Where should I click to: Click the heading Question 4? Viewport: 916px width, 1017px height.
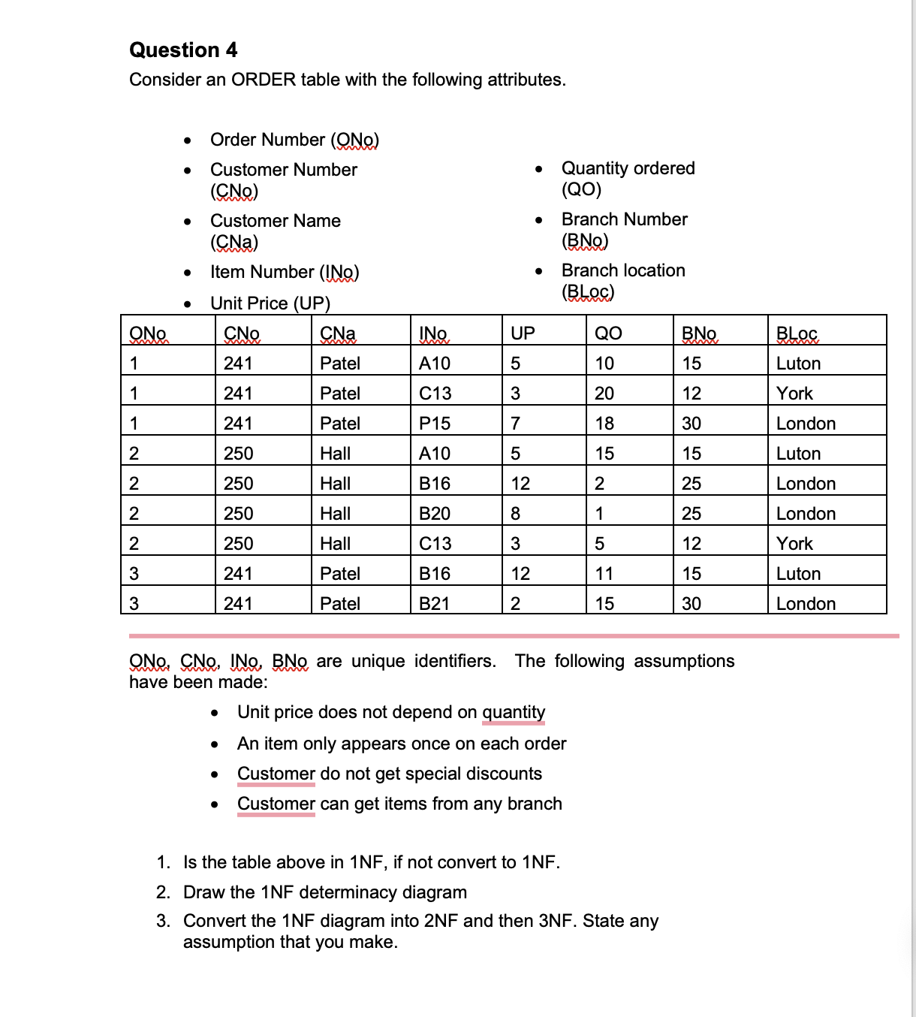[183, 50]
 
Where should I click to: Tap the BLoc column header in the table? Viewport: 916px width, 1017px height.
[797, 333]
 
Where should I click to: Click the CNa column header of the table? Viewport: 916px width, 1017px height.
[338, 333]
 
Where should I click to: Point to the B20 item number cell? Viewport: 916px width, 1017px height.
[435, 514]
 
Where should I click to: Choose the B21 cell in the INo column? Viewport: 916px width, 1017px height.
[435, 604]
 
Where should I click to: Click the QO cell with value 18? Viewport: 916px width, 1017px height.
[604, 424]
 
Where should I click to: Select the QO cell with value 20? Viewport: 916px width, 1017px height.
[604, 394]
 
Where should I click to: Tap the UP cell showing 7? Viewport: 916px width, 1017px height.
[516, 424]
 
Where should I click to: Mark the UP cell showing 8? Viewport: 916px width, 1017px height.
[516, 514]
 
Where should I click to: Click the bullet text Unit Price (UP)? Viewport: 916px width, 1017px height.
[270, 303]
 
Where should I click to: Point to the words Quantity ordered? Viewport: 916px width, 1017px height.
[628, 168]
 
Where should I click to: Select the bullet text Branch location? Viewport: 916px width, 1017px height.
[623, 270]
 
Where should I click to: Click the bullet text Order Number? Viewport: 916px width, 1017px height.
[267, 140]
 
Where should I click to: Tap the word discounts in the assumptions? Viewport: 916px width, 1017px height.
[504, 774]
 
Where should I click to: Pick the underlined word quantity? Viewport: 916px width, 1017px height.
[514, 712]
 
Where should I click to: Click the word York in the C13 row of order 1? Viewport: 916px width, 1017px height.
[794, 394]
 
